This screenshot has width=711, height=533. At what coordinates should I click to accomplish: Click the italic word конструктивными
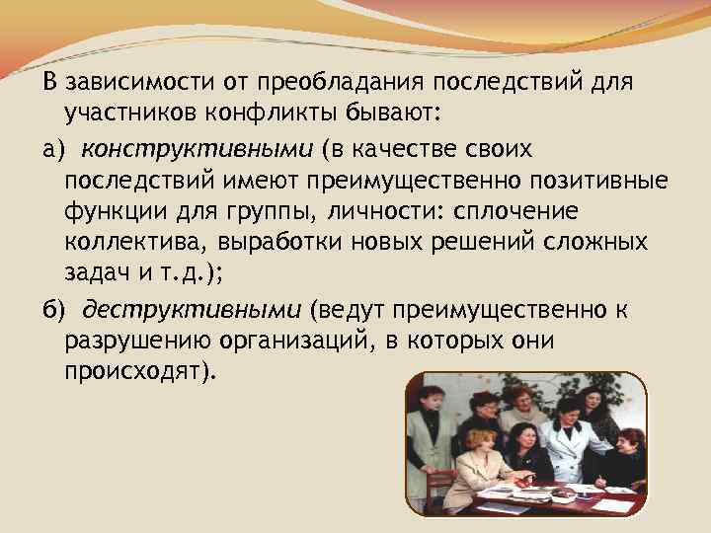click(197, 149)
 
